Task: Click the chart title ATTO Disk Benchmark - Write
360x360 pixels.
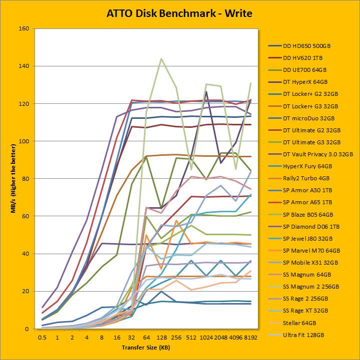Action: click(x=179, y=13)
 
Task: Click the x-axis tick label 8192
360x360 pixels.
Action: click(x=250, y=337)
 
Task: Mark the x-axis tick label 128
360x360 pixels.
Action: click(x=161, y=337)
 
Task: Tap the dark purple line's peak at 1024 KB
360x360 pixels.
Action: click(x=206, y=91)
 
